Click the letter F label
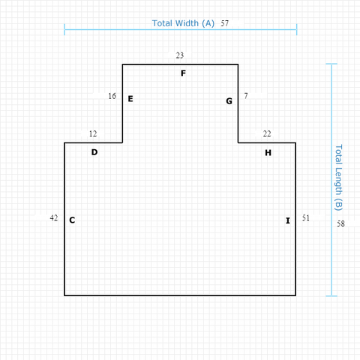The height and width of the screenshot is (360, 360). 183,73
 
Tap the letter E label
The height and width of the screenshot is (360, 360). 130,99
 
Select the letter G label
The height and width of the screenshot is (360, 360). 229,101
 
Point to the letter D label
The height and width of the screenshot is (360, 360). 94,152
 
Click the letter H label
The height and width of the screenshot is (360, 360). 268,153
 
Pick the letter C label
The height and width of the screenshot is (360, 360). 72,220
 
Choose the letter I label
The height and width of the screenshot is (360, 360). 288,220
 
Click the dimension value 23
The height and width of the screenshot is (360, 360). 180,55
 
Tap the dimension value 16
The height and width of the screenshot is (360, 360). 112,96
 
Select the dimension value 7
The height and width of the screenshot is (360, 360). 246,96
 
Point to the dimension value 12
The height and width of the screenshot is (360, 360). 93,133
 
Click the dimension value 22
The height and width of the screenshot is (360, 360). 267,133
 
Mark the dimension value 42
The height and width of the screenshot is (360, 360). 54,217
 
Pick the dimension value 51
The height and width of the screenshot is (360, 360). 306,217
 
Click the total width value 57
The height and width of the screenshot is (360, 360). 224,23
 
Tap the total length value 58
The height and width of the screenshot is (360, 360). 340,223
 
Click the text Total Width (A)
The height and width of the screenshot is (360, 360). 183,23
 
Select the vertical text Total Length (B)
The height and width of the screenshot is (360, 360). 338,178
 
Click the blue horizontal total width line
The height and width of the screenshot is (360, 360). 181,29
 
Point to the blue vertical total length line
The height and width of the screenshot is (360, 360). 331,180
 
